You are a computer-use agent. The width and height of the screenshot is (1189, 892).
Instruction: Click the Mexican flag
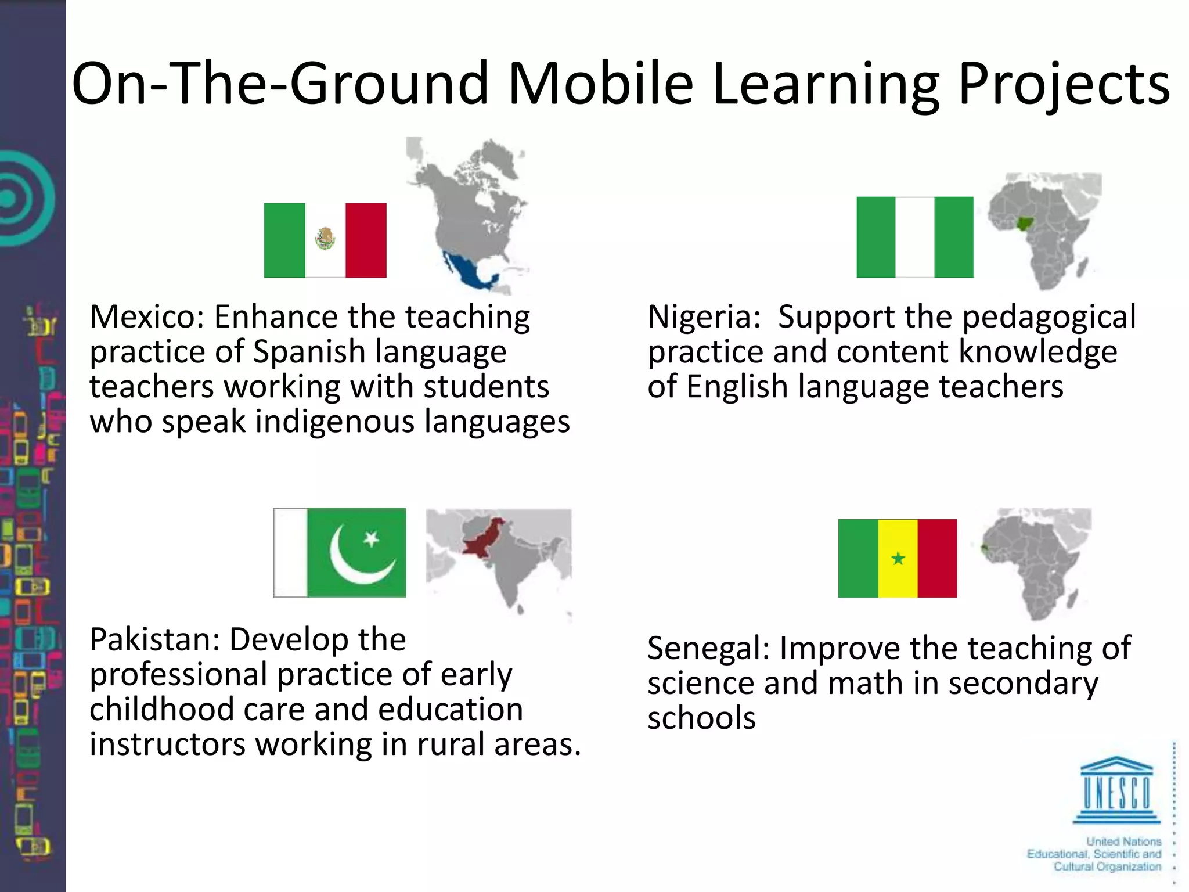[x=325, y=240]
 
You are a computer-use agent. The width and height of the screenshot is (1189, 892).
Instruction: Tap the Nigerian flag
[x=914, y=237]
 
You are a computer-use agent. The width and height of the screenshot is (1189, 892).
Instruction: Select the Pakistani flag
[x=340, y=552]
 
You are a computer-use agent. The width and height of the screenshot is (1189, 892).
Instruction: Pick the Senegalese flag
[x=897, y=558]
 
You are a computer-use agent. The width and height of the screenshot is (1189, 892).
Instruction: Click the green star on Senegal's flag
[x=898, y=559]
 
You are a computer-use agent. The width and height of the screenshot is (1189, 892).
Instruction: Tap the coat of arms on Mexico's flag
[x=325, y=238]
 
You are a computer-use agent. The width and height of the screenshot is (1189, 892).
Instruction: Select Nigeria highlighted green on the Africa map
[x=1026, y=223]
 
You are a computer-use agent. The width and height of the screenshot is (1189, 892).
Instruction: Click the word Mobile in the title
[x=600, y=84]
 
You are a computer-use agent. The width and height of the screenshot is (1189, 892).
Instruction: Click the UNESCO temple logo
[x=1116, y=790]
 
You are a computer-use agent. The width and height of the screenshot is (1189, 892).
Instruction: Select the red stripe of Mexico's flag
[x=366, y=240]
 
